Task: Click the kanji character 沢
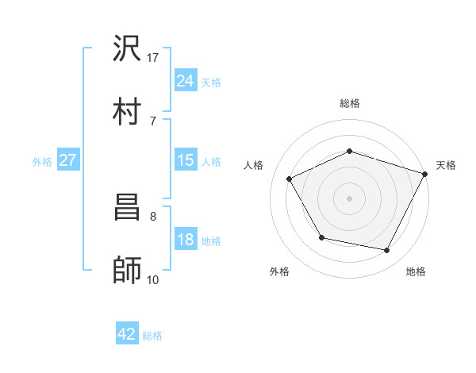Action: coord(128,50)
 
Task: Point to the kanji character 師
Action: coord(128,269)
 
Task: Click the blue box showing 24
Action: coord(185,80)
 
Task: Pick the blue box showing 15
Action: coord(185,160)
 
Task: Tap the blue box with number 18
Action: coord(185,240)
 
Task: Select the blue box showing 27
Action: coord(68,160)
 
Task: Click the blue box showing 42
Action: coord(127,334)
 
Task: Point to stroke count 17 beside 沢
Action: coord(153,58)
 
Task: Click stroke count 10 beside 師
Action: coord(152,279)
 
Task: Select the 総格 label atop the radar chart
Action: coord(349,103)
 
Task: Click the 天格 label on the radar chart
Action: coord(446,165)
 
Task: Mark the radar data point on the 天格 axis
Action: coord(426,173)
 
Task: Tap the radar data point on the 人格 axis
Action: coord(289,179)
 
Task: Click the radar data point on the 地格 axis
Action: coord(387,251)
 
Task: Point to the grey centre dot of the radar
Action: coord(349,198)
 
